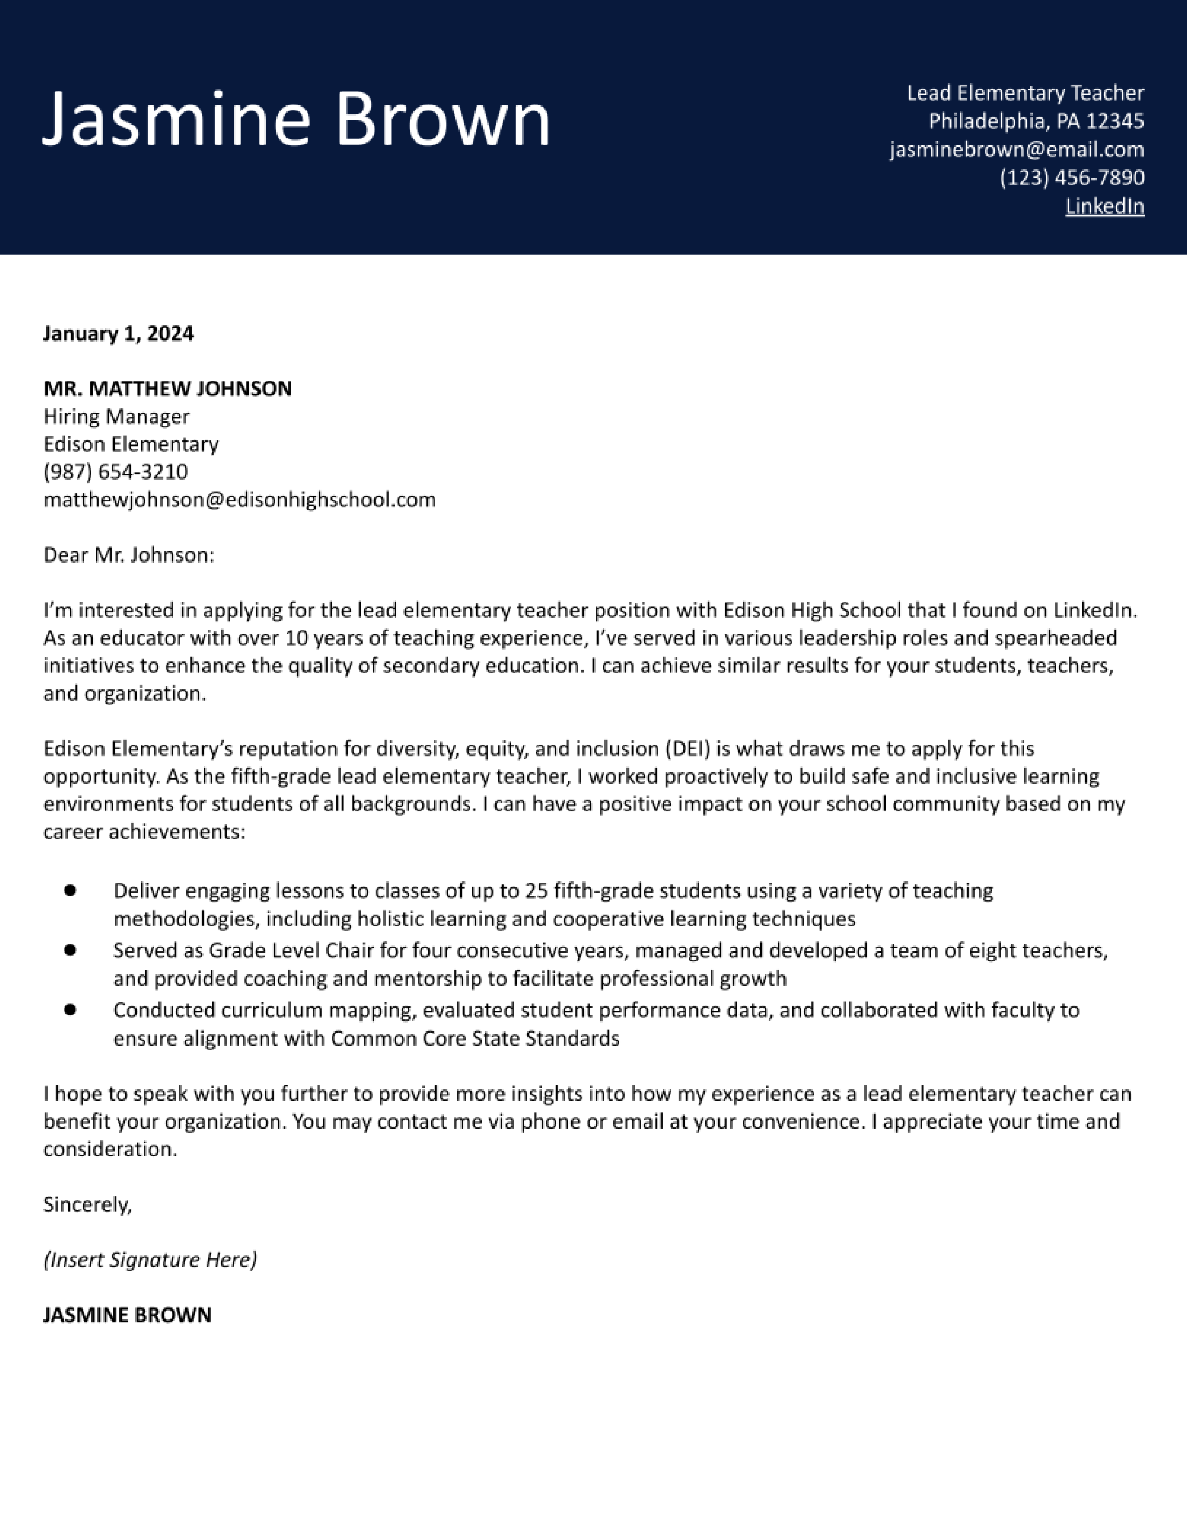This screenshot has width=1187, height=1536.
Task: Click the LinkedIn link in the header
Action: pyautogui.click(x=1104, y=206)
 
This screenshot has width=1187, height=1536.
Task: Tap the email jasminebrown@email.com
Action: pyautogui.click(x=1016, y=150)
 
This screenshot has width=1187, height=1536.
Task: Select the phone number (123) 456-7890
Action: pyautogui.click(x=1072, y=177)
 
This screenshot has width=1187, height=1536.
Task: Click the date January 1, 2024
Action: pyautogui.click(x=118, y=333)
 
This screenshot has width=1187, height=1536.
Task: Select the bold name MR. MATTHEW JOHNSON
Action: pyautogui.click(x=168, y=388)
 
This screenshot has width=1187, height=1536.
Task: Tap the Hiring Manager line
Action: pyautogui.click(x=116, y=417)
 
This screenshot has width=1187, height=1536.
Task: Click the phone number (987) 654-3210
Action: pyautogui.click(x=115, y=471)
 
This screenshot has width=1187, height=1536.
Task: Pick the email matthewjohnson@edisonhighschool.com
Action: pyautogui.click(x=239, y=499)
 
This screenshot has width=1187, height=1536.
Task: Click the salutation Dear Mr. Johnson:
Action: pyautogui.click(x=128, y=555)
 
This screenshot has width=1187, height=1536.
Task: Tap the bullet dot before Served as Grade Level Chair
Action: pyautogui.click(x=70, y=950)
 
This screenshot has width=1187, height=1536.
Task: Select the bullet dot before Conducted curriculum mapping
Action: pyautogui.click(x=70, y=1009)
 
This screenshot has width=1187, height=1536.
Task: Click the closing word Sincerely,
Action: pyautogui.click(x=87, y=1205)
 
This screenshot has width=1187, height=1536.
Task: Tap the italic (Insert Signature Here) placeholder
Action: pyautogui.click(x=150, y=1260)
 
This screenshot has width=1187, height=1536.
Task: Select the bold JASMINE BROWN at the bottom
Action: pyautogui.click(x=127, y=1315)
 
